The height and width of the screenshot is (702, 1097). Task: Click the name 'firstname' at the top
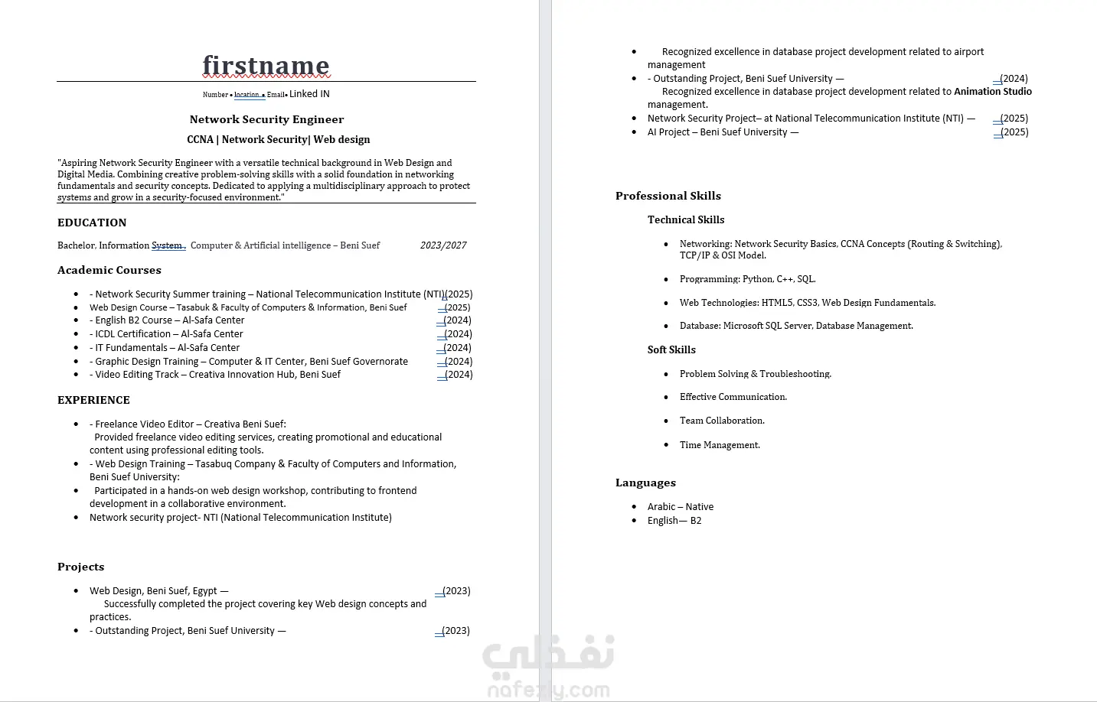[266, 66]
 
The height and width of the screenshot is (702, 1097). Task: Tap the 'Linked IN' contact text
[309, 94]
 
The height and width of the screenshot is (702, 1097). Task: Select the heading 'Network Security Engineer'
[266, 119]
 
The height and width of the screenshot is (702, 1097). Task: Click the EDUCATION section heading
[92, 223]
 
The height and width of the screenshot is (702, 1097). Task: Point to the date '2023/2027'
[443, 245]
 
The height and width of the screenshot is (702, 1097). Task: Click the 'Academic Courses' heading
[109, 270]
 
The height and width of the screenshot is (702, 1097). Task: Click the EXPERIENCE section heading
[93, 400]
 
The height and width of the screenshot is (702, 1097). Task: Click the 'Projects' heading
[80, 567]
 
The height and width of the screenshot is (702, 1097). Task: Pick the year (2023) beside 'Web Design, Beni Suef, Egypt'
[456, 591]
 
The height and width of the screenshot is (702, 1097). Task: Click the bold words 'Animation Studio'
[992, 92]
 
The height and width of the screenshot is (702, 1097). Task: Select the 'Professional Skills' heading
[668, 196]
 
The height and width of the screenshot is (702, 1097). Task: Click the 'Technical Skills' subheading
[686, 219]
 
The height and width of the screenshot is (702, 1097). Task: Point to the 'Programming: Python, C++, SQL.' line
[747, 279]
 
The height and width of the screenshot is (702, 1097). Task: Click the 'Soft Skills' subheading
[671, 349]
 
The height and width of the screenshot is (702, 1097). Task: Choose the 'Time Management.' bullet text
[720, 445]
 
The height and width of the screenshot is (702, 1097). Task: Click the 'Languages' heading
[645, 483]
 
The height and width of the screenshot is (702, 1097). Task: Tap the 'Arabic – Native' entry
[680, 507]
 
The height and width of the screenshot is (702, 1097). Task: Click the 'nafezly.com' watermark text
[548, 690]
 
